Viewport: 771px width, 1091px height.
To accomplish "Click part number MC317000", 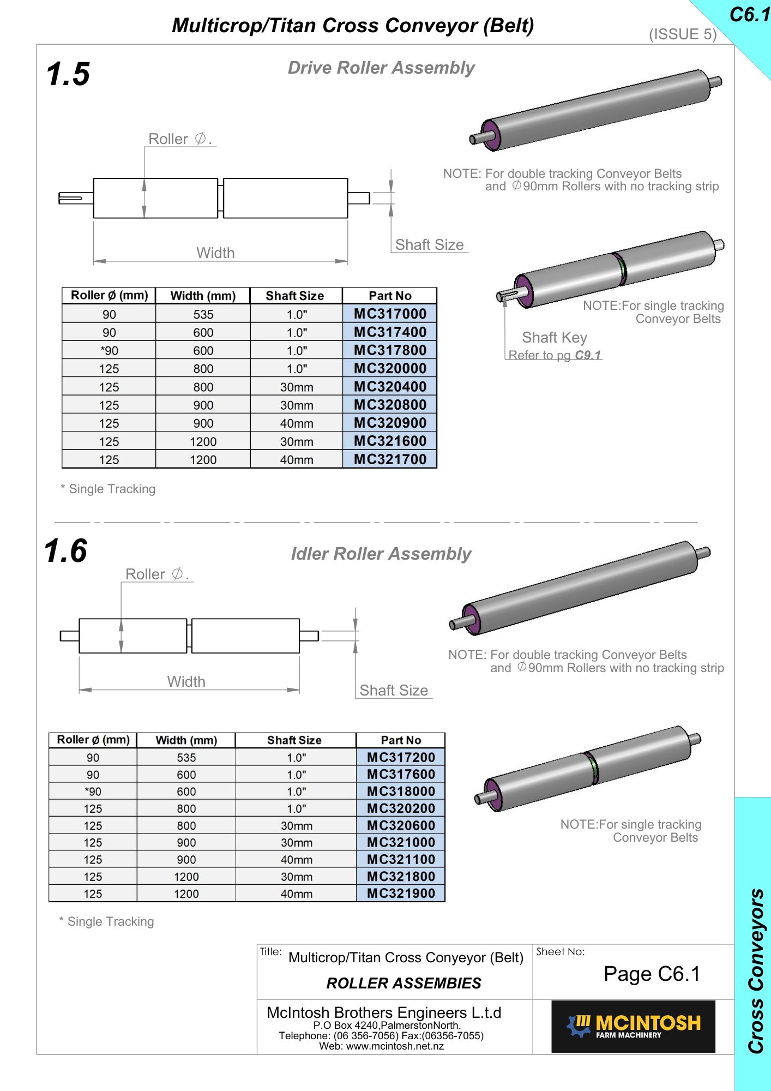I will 390,314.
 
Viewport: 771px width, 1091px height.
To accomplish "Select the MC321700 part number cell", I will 390,459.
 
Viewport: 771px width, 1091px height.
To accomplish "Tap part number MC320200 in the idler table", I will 401,808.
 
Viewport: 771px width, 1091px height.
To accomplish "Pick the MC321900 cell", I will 401,894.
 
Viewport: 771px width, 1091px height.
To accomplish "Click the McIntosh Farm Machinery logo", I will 633,1026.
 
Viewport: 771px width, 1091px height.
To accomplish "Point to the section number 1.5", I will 68,74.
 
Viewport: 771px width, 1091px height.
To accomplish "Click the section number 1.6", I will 66,550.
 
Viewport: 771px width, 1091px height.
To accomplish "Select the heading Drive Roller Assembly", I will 381,68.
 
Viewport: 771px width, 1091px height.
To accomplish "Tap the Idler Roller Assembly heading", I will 381,554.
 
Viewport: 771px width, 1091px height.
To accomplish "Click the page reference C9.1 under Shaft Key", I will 588,355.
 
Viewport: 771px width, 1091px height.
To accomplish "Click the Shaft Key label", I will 555,338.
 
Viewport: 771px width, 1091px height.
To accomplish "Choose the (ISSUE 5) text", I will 683,34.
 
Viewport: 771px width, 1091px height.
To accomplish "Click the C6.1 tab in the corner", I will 750,15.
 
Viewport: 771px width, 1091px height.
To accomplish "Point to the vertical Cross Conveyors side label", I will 756,971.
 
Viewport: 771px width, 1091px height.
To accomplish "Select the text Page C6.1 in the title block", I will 652,974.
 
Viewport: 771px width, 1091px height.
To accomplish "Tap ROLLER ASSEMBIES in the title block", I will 403,983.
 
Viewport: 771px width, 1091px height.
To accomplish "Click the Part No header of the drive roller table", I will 390,296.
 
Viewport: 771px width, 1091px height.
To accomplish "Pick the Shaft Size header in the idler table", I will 294,740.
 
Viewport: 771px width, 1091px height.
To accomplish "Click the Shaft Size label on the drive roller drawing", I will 429,245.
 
